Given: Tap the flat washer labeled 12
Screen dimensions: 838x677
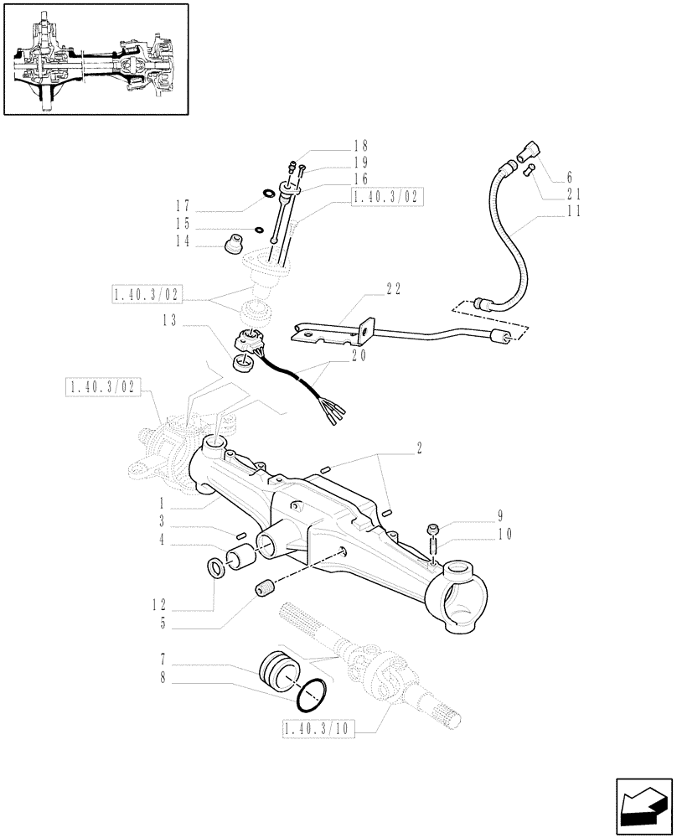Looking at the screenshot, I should [215, 570].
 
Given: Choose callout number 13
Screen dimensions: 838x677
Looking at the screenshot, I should [170, 319].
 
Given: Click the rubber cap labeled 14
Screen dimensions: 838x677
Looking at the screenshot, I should [231, 245].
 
